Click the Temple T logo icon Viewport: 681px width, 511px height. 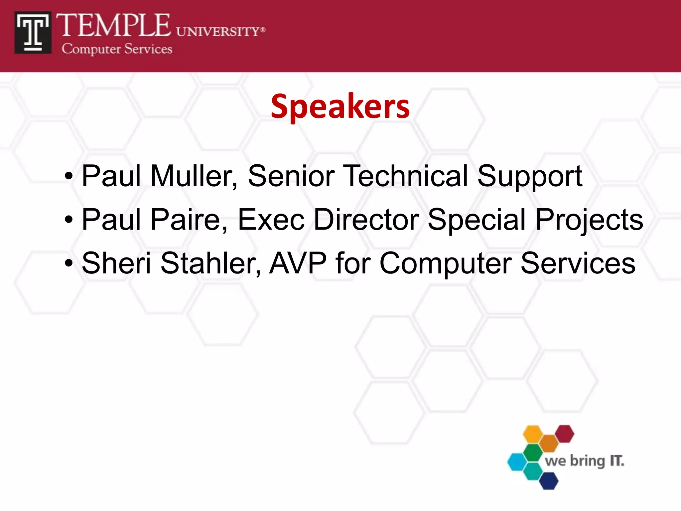pos(33,33)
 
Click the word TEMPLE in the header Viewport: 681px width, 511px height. pos(113,26)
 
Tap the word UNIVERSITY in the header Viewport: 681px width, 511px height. pos(218,32)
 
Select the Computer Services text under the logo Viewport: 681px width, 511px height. pos(117,49)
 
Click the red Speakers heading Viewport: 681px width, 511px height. pos(340,106)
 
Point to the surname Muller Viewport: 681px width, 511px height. pos(194,176)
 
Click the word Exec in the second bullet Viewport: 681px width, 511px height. pos(271,220)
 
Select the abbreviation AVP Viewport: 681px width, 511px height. pos(298,263)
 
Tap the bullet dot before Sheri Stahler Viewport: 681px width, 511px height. pos(69,263)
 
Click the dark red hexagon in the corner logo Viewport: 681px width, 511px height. pos(564,433)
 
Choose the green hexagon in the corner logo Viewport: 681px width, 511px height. pos(533,452)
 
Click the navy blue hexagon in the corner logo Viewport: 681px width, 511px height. pos(548,480)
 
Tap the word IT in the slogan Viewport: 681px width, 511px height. pos(617,461)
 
